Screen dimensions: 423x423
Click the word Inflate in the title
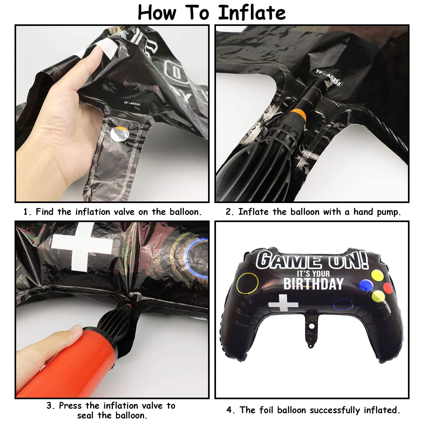tap(252, 13)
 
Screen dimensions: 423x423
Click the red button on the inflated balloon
tap(388, 288)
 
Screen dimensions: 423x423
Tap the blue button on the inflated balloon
tap(366, 284)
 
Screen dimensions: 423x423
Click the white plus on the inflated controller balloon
tap(283, 303)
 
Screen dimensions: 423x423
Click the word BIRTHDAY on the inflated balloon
tap(313, 284)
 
